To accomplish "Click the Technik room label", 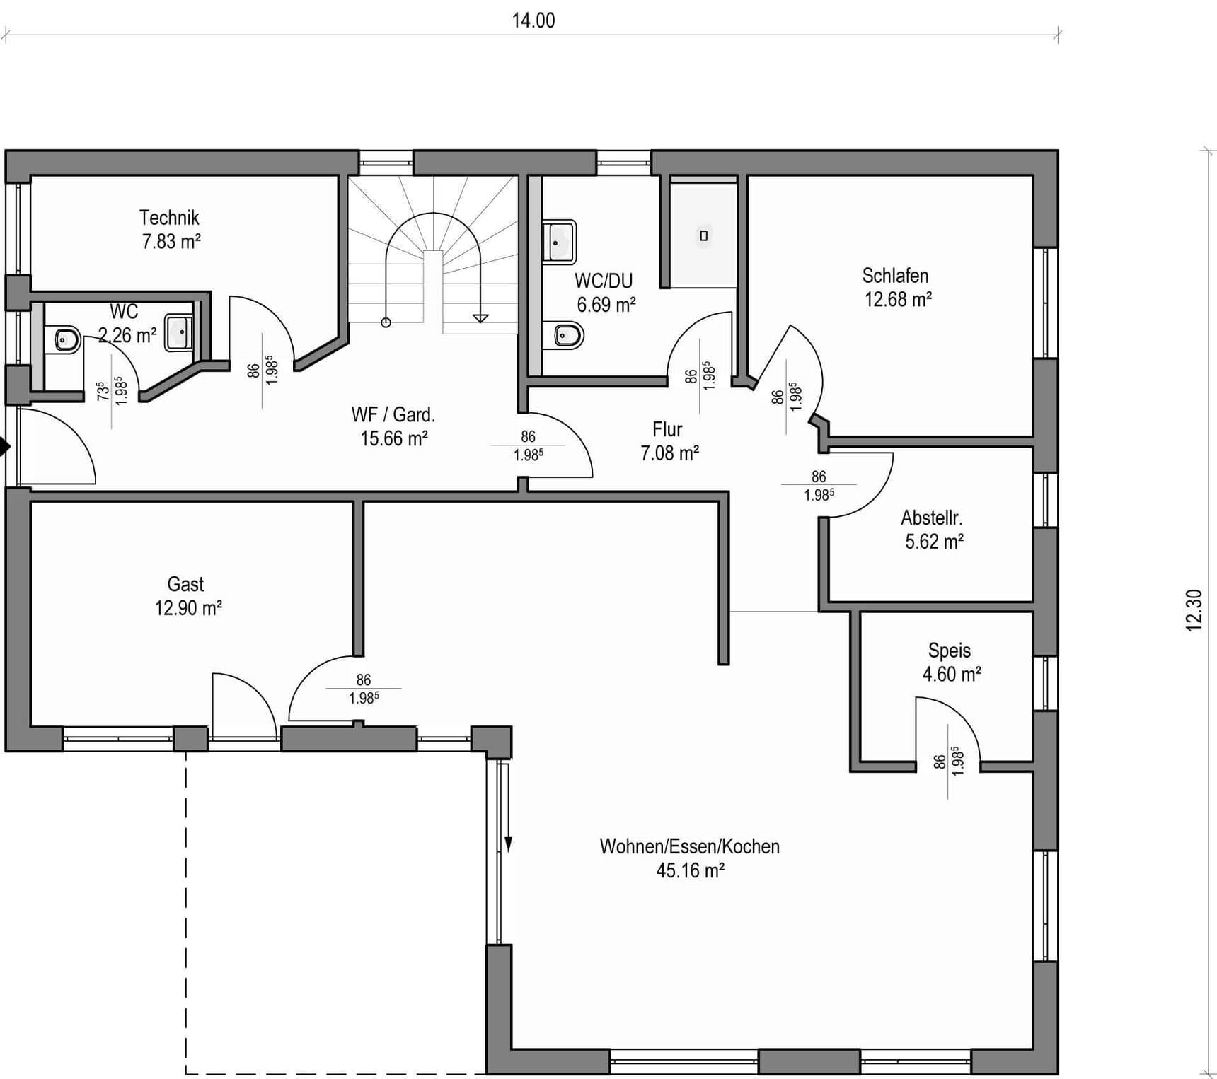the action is point(169,217).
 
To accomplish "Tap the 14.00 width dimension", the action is point(533,21).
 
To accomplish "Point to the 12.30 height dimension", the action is point(1194,610).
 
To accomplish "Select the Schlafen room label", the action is point(895,275).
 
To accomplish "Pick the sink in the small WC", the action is point(179,332).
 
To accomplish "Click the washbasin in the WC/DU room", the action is point(559,242).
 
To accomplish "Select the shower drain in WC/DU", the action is point(703,236).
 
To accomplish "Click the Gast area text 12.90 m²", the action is point(189,608).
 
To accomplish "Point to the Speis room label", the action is point(950,651).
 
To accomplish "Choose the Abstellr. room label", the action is point(931,518).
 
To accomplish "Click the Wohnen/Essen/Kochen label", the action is point(690,846).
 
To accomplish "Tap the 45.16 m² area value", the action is point(691,870).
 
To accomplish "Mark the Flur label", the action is point(667,429).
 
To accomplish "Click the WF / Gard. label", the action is point(393,414).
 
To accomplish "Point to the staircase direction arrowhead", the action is point(480,318).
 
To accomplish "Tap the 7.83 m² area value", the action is point(171,241).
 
